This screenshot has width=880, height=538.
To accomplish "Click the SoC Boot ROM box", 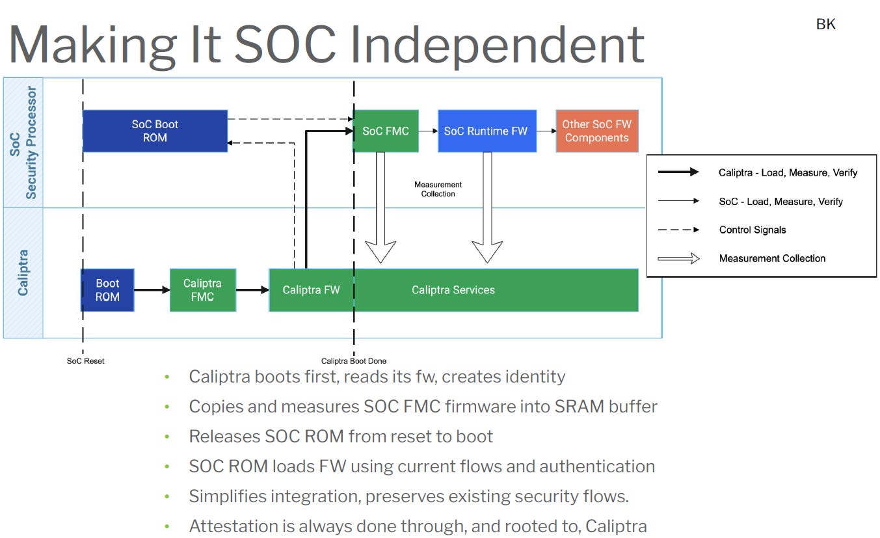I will (x=155, y=131).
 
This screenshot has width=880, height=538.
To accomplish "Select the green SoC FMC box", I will (x=385, y=131).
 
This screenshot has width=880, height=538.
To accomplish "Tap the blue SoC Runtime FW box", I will (x=486, y=131).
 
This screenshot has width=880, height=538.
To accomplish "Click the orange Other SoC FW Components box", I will (x=596, y=131).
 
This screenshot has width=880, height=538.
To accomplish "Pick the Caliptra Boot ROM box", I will (x=107, y=290).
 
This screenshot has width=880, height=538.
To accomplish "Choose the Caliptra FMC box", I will (x=202, y=290).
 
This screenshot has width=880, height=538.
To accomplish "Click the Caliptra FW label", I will (x=311, y=290).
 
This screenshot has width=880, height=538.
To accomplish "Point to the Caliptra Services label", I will (x=453, y=290).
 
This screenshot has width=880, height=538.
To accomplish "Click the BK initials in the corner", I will (x=825, y=25).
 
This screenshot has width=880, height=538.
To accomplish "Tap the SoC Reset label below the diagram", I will (x=85, y=360).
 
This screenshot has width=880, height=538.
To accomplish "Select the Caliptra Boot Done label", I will (x=353, y=361).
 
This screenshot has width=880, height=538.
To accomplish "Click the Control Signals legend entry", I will (x=752, y=230).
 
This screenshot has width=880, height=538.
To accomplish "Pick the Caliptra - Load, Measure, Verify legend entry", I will (x=788, y=172).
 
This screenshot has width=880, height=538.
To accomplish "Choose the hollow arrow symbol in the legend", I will (x=678, y=258).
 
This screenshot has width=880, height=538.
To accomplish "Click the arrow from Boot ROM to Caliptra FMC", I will (x=152, y=290).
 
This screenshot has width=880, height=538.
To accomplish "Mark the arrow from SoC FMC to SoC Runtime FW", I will (x=428, y=131).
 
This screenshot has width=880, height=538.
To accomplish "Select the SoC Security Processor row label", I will (x=23, y=142).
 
